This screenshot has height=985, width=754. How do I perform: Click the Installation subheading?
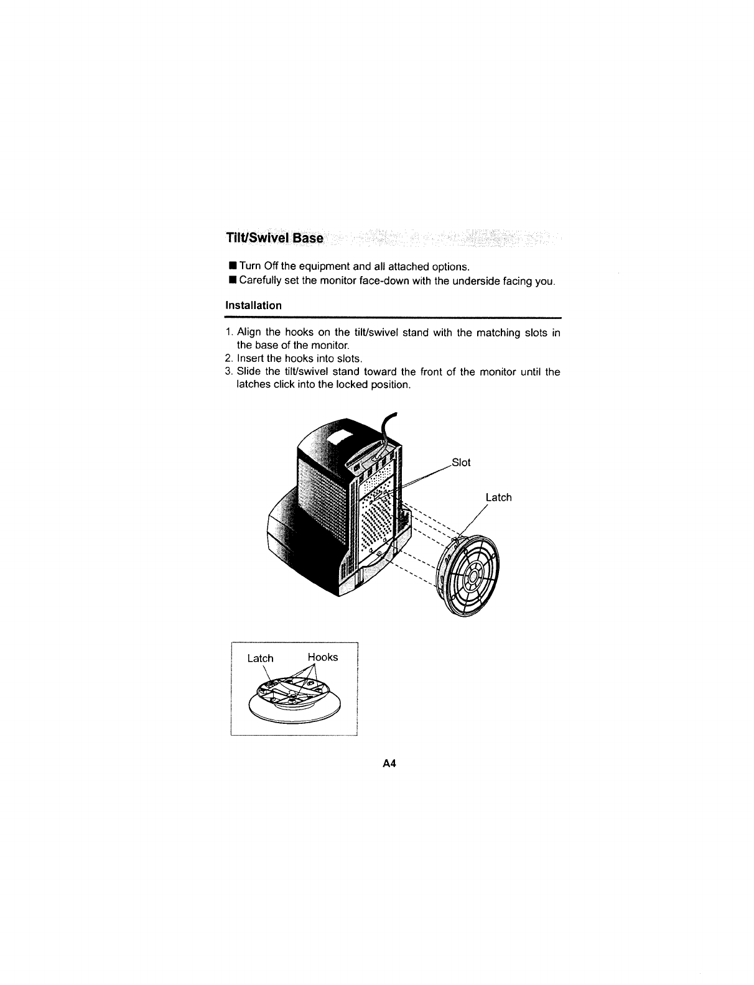point(253,305)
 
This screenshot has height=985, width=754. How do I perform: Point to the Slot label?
point(461,463)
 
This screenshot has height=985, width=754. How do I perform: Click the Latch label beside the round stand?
point(498,497)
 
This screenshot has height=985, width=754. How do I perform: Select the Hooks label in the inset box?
point(323,657)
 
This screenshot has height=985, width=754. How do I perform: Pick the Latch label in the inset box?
point(260,658)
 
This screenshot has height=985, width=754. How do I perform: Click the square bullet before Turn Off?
point(232,267)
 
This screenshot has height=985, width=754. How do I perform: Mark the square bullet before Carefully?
point(232,281)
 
